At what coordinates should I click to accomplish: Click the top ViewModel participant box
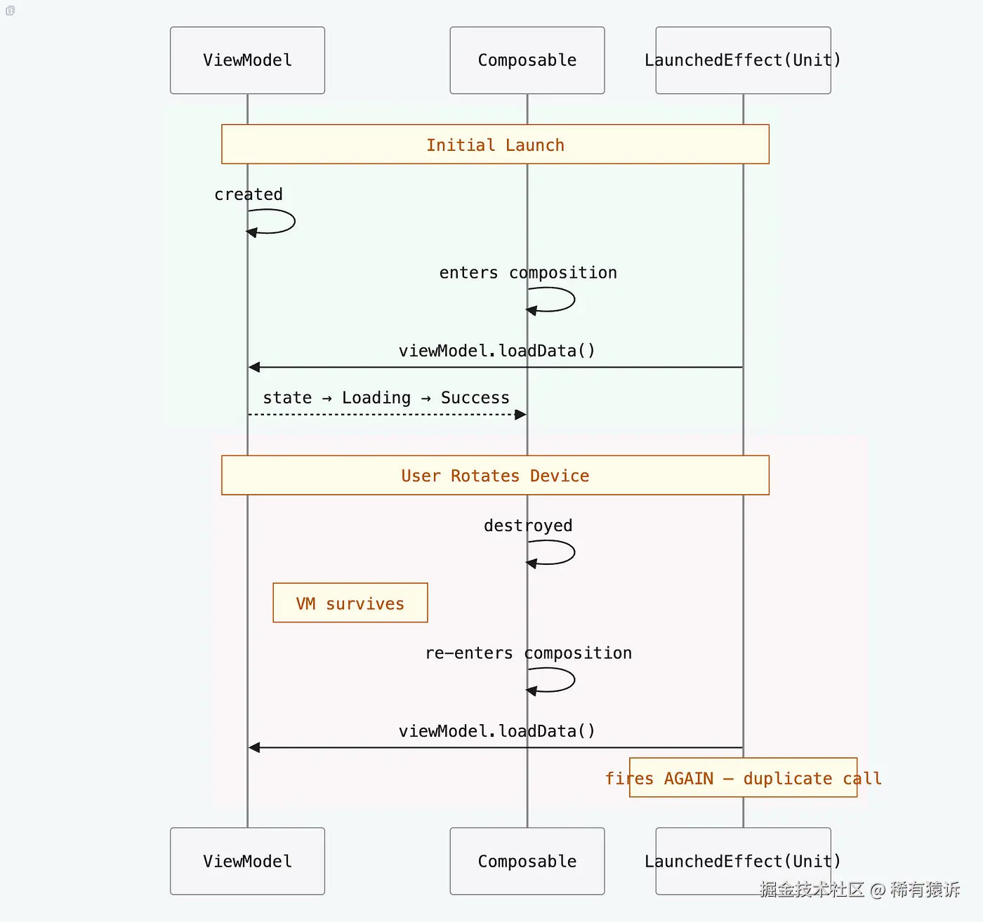tap(247, 60)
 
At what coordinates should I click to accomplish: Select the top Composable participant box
tap(527, 60)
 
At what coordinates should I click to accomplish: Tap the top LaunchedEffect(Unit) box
tap(743, 60)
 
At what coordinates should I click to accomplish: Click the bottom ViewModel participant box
tap(247, 861)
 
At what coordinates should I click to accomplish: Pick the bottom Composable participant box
tap(527, 861)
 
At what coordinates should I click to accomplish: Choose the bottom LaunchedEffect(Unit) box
tap(743, 861)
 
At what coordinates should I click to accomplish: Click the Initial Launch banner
tap(495, 145)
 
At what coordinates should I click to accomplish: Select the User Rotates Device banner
tap(495, 475)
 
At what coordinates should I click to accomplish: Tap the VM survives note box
tap(350, 603)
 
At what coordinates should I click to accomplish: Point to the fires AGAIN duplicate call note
tap(743, 777)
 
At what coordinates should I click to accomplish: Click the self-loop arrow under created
tap(281, 222)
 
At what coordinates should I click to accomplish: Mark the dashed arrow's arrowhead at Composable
tap(520, 415)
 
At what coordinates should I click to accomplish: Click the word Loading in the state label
tap(376, 398)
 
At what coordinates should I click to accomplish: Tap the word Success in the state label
tap(475, 398)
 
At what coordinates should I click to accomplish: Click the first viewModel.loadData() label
tap(496, 351)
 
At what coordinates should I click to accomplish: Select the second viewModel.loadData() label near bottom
tap(496, 731)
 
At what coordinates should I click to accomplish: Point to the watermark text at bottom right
tap(859, 890)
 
